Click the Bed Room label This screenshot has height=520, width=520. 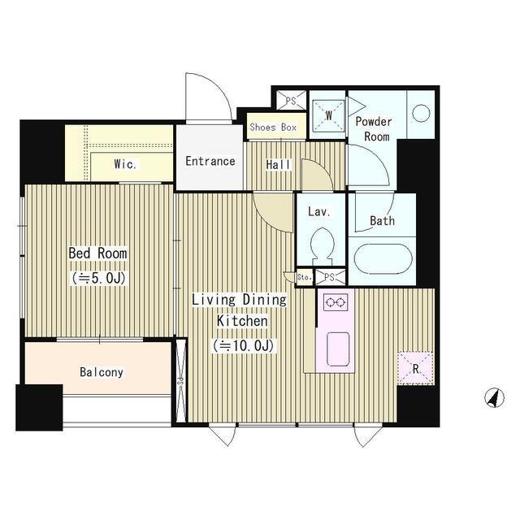pyautogui.click(x=97, y=253)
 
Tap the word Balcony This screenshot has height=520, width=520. pyautogui.click(x=102, y=372)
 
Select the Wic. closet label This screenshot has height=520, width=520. pyautogui.click(x=125, y=164)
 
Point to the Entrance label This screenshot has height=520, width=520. pyautogui.click(x=210, y=161)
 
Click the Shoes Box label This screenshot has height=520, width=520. pyautogui.click(x=273, y=127)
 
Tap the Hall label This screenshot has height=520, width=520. pyautogui.click(x=278, y=164)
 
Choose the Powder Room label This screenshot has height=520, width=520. pyautogui.click(x=374, y=129)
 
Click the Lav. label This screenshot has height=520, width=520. pyautogui.click(x=319, y=211)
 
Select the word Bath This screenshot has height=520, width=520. pyautogui.click(x=382, y=220)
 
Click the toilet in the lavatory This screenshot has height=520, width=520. pyautogui.click(x=323, y=246)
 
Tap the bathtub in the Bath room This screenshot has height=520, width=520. pyautogui.click(x=383, y=259)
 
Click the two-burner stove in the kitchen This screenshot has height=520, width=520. pyautogui.click(x=336, y=302)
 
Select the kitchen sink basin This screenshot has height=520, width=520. pyautogui.click(x=338, y=349)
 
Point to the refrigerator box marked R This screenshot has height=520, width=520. pyautogui.click(x=415, y=368)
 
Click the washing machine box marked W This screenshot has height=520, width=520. pyautogui.click(x=328, y=115)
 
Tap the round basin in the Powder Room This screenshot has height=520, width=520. pyautogui.click(x=421, y=114)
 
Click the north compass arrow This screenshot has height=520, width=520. pyautogui.click(x=494, y=397)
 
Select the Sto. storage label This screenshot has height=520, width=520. pyautogui.click(x=305, y=277)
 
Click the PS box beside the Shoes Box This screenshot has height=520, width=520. pyautogui.click(x=291, y=100)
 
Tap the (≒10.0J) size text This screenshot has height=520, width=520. pyautogui.click(x=244, y=345)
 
